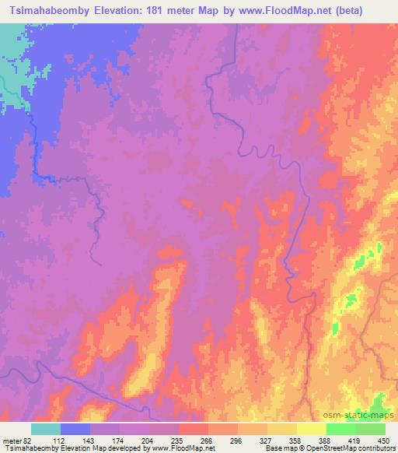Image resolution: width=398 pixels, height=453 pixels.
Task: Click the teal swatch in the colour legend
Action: click(x=46, y=428)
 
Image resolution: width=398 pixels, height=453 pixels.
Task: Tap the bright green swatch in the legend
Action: click(x=340, y=428)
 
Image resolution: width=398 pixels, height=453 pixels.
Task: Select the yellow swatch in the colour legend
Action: click(x=311, y=428)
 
